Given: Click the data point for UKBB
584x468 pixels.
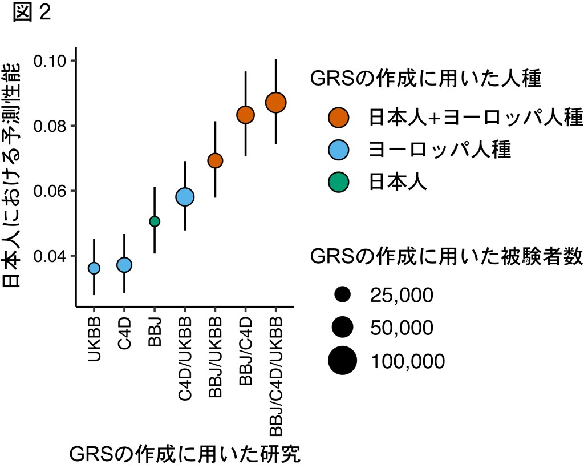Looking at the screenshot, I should (x=94, y=268).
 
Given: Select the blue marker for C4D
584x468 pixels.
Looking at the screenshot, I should (x=124, y=265).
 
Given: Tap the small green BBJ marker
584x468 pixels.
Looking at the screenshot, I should (x=155, y=221).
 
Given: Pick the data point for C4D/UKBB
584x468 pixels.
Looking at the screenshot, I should (x=185, y=197).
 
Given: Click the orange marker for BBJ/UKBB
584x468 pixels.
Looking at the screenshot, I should (x=215, y=160).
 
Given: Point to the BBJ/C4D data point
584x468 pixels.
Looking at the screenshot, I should (x=245, y=115).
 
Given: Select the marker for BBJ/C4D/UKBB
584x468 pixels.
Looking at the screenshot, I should (x=275, y=103).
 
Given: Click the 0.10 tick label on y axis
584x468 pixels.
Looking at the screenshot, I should (x=51, y=60).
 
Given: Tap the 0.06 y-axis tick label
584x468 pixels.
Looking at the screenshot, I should (x=51, y=191).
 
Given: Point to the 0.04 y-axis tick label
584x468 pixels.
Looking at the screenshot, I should (x=51, y=256).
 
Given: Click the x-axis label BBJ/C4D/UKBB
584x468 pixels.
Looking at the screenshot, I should (x=276, y=370).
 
